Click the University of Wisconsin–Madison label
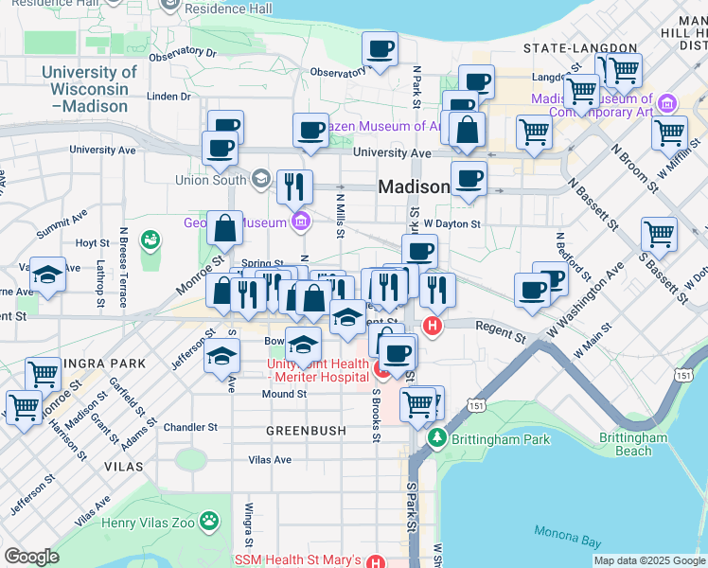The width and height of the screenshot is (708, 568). pyautogui.click(x=89, y=89)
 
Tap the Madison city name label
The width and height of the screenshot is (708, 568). pyautogui.click(x=413, y=186)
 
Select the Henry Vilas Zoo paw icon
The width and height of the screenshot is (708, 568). pyautogui.click(x=208, y=520)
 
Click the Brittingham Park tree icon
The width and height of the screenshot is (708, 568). pyautogui.click(x=436, y=438)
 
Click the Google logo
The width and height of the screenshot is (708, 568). pyautogui.click(x=31, y=557)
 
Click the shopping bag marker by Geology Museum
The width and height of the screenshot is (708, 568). pyautogui.click(x=225, y=228)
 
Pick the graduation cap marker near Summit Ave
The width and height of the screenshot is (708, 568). pyautogui.click(x=47, y=275)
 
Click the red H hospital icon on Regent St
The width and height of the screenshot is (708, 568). pyautogui.click(x=433, y=327)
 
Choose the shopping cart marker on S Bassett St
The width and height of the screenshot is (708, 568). pyautogui.click(x=659, y=234)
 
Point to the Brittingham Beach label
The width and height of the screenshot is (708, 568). pyautogui.click(x=633, y=444)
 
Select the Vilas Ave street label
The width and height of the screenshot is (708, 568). pyautogui.click(x=270, y=459)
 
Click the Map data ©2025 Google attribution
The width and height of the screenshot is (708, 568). pyautogui.click(x=648, y=560)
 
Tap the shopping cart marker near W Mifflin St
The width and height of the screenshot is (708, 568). pyautogui.click(x=669, y=133)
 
